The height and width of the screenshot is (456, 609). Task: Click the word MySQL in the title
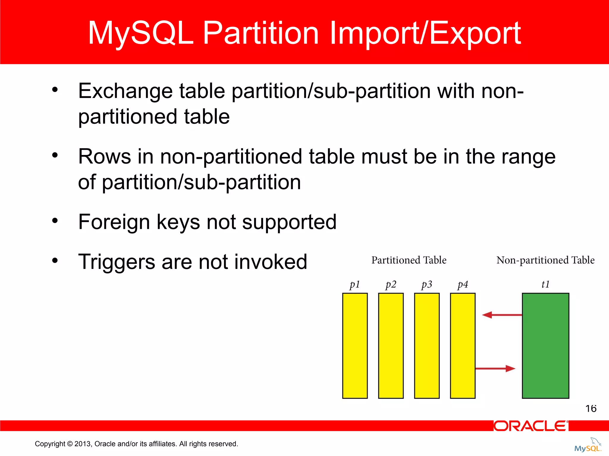pyautogui.click(x=141, y=33)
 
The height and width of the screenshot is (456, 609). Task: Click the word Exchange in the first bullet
pyautogui.click(x=125, y=91)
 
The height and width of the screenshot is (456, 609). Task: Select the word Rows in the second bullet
pyautogui.click(x=104, y=156)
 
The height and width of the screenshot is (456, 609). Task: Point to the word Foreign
pyautogui.click(x=114, y=222)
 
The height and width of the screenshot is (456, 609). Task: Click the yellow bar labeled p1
pyautogui.click(x=355, y=346)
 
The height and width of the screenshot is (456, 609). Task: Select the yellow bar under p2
pyautogui.click(x=391, y=346)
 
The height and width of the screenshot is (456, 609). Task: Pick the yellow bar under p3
pyautogui.click(x=427, y=346)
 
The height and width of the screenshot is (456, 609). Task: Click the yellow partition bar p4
pyautogui.click(x=463, y=346)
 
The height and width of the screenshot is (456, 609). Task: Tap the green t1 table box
pyautogui.click(x=545, y=346)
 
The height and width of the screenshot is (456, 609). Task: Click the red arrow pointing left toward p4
pyautogui.click(x=501, y=315)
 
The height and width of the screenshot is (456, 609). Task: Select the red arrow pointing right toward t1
pyautogui.click(x=495, y=368)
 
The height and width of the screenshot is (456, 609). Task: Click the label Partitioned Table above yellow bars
pyautogui.click(x=409, y=260)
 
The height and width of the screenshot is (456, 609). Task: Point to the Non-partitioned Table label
pyautogui.click(x=545, y=260)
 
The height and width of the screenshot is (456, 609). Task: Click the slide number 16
pyautogui.click(x=591, y=408)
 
